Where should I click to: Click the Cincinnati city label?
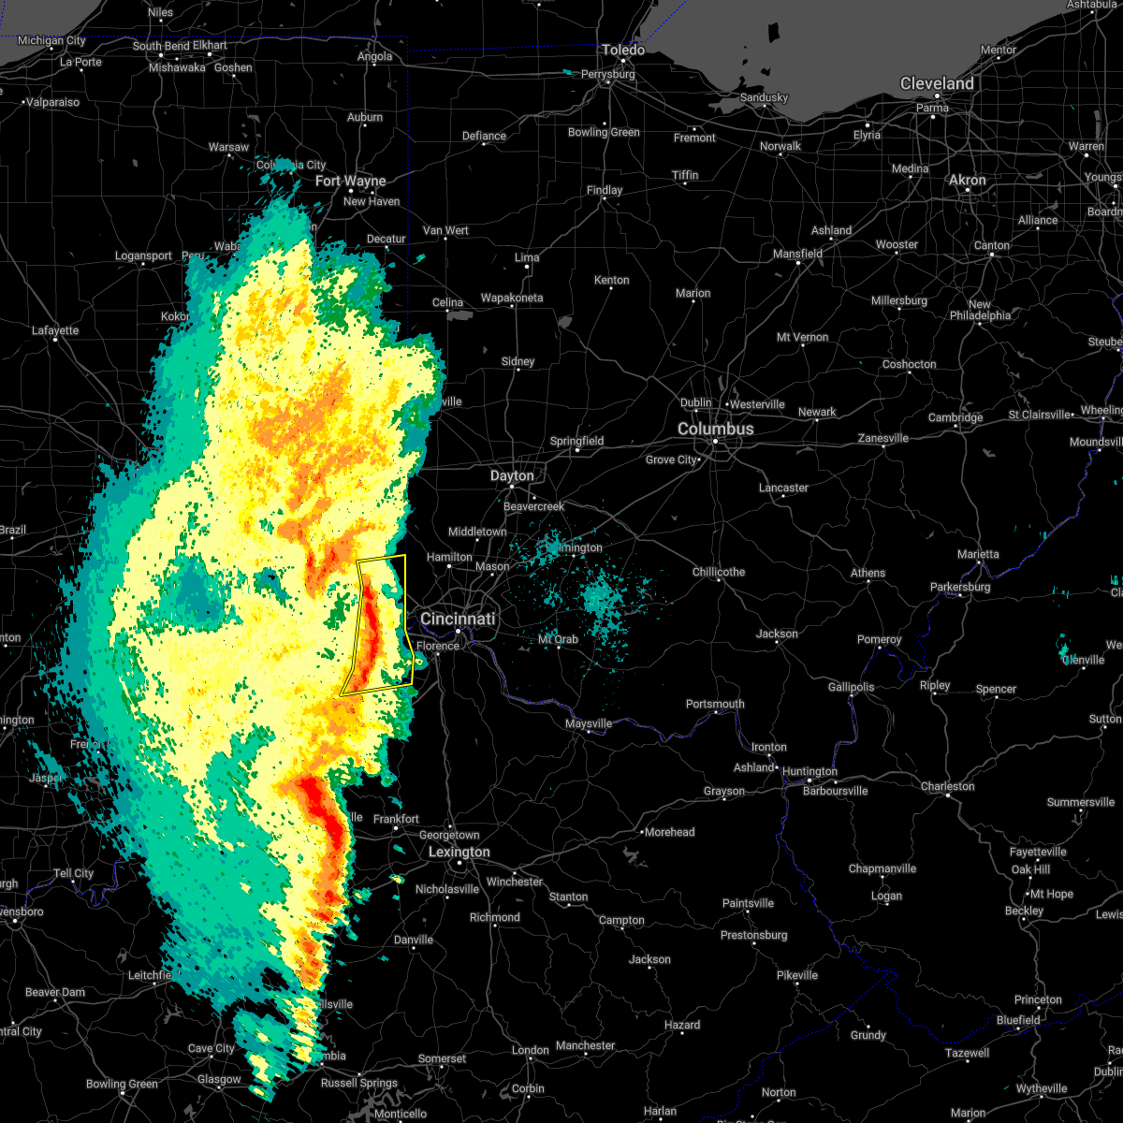pos(458,620)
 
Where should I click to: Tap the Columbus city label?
pos(716,429)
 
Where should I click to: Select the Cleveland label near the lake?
pos(937,83)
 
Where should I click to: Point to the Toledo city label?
pos(623,50)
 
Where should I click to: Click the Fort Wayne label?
pos(351,181)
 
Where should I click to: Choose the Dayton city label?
pos(512,476)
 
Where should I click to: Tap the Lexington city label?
pos(459,853)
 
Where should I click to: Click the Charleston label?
pos(948,786)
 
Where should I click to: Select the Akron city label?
pos(968,180)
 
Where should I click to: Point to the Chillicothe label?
pos(719,572)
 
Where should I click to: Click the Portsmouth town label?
pos(715,704)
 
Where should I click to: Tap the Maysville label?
pos(589,723)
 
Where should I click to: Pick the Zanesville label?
pos(883,438)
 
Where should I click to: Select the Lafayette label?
pos(55,330)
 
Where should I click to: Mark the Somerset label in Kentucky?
pos(442,1058)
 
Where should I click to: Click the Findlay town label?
pos(605,190)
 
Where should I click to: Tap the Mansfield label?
pos(798,254)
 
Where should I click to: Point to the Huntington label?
pos(810,772)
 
